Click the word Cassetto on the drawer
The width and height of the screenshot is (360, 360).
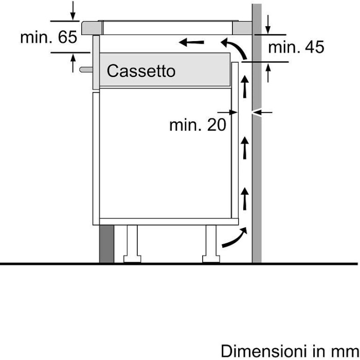point(141,71)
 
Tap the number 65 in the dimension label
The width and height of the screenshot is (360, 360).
point(67,37)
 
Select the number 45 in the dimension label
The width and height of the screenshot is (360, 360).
point(315,47)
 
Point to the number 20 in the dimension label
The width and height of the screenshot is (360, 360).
point(217,125)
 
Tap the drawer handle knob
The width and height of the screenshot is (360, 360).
point(86,69)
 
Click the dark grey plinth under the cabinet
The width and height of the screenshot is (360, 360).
point(107,244)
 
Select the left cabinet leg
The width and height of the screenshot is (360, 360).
point(132,244)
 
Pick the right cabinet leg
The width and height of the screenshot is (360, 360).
point(211,244)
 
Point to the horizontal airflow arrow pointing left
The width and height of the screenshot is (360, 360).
point(191,42)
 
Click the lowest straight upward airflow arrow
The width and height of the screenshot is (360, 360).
point(245,199)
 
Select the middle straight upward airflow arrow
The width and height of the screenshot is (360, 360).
point(245,148)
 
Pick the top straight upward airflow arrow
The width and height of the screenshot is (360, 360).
point(245,86)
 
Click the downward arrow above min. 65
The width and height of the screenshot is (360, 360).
point(73,11)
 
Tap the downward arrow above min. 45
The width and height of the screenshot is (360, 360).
point(268,25)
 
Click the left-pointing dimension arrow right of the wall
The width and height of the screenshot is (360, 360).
point(262,113)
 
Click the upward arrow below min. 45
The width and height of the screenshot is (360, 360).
point(268,73)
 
